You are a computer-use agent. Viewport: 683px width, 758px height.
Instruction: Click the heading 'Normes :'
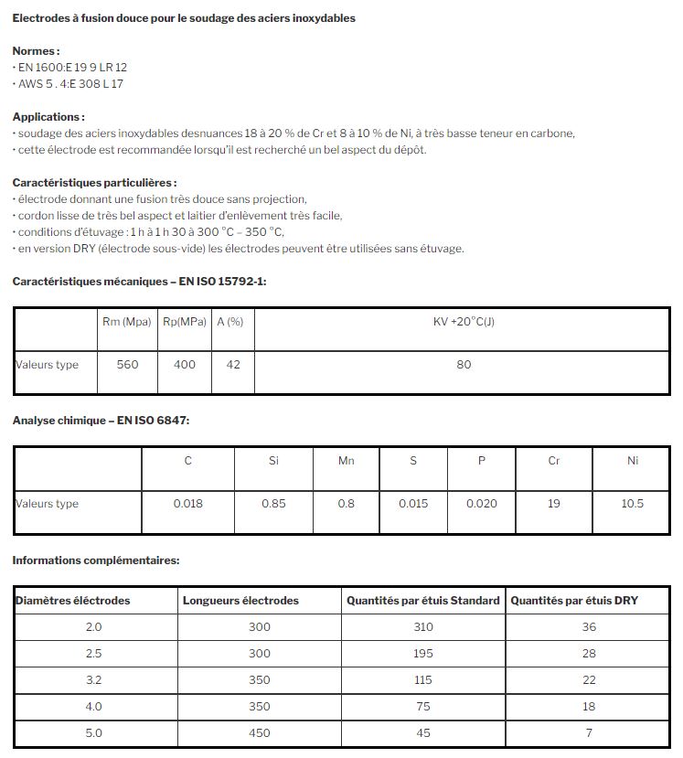point(36,51)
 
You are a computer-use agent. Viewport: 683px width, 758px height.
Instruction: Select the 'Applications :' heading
point(48,117)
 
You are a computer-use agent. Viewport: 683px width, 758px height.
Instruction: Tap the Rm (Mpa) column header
point(127,322)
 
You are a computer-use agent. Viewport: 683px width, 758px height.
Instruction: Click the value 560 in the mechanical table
point(128,365)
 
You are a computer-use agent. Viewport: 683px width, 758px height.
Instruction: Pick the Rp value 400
point(185,365)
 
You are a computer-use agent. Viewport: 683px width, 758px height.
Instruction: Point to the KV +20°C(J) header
point(464,322)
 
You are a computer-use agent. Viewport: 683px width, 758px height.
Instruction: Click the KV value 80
point(464,365)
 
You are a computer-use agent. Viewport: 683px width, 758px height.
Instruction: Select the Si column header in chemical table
point(273,461)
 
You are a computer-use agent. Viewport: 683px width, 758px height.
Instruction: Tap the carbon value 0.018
point(188,504)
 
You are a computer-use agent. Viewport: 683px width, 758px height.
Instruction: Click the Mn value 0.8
point(346,504)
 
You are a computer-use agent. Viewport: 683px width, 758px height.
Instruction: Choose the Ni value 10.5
point(632,504)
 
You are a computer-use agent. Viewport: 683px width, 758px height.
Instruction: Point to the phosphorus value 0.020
point(482,504)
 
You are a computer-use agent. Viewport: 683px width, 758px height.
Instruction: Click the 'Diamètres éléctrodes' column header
point(73,601)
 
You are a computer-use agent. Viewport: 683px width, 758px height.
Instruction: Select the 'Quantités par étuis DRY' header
point(574,601)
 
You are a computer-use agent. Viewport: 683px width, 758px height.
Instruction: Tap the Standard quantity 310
point(422,627)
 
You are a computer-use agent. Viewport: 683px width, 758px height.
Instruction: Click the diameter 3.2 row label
point(93,680)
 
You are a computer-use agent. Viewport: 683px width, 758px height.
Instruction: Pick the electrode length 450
point(260,733)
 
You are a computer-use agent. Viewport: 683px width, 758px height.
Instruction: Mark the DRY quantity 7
point(589,733)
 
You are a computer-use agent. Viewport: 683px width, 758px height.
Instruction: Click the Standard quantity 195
point(422,654)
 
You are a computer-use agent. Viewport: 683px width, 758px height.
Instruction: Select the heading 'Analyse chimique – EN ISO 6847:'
point(101,421)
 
